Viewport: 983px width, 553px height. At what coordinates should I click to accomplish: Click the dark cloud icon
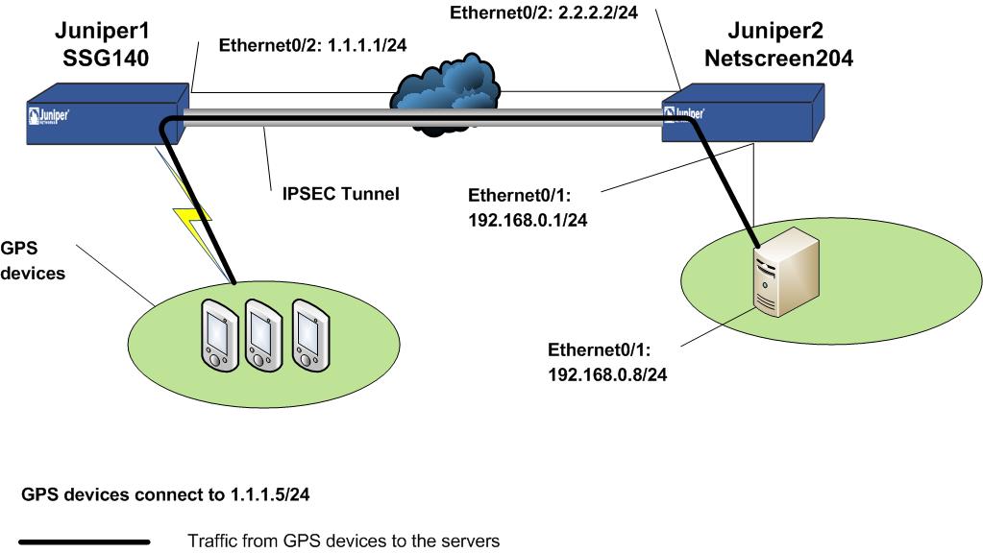point(446,96)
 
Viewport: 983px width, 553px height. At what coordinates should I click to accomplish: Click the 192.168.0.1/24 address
point(528,220)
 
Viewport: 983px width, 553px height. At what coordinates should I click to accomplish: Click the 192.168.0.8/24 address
point(607,375)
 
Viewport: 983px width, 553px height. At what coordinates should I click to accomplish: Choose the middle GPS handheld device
point(261,334)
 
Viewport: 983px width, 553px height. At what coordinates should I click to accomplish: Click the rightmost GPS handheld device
point(308,334)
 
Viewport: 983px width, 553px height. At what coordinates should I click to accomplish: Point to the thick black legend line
point(85,542)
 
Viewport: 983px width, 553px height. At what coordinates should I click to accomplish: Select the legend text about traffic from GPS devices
point(343,541)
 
